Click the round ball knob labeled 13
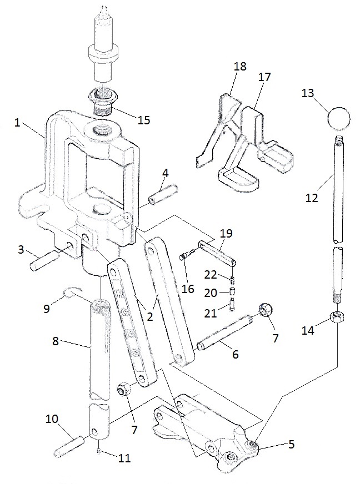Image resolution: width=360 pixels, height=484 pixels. tap(338, 118)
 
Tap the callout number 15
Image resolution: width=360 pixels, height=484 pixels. tap(144, 120)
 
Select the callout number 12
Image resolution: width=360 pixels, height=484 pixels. tap(312, 197)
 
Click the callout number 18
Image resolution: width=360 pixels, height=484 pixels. tap(239, 67)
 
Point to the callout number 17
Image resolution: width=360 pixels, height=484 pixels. tap(264, 77)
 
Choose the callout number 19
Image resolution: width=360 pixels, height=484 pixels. tap(227, 233)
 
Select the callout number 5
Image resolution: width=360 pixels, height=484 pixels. tap(291, 444)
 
